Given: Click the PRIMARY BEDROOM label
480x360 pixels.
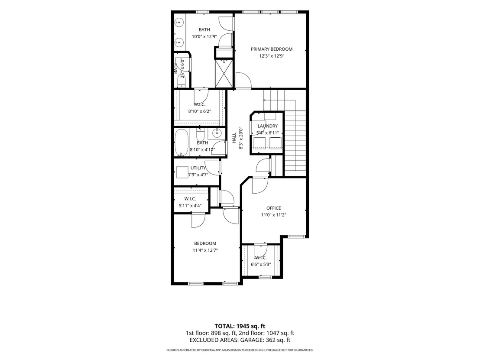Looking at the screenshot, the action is [272, 49].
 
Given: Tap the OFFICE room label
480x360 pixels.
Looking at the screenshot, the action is [273, 208].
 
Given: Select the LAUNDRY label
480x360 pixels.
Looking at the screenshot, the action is [268, 126].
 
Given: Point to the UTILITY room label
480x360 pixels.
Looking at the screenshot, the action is [198, 168].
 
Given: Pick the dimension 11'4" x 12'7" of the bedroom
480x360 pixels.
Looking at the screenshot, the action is [205, 250].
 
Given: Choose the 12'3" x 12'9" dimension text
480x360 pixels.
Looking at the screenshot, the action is [272, 56].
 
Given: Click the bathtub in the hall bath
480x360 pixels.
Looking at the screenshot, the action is [181, 143].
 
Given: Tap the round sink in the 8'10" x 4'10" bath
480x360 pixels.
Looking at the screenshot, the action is [217, 133].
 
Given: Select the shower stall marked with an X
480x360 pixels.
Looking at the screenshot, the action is [224, 74].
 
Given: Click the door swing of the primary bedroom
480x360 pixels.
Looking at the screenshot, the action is [243, 80].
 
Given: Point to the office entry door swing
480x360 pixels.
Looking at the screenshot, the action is [260, 186].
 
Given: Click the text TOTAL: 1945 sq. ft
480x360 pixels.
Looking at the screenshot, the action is [240, 326].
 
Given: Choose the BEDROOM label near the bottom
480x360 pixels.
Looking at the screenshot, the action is [205, 243].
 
